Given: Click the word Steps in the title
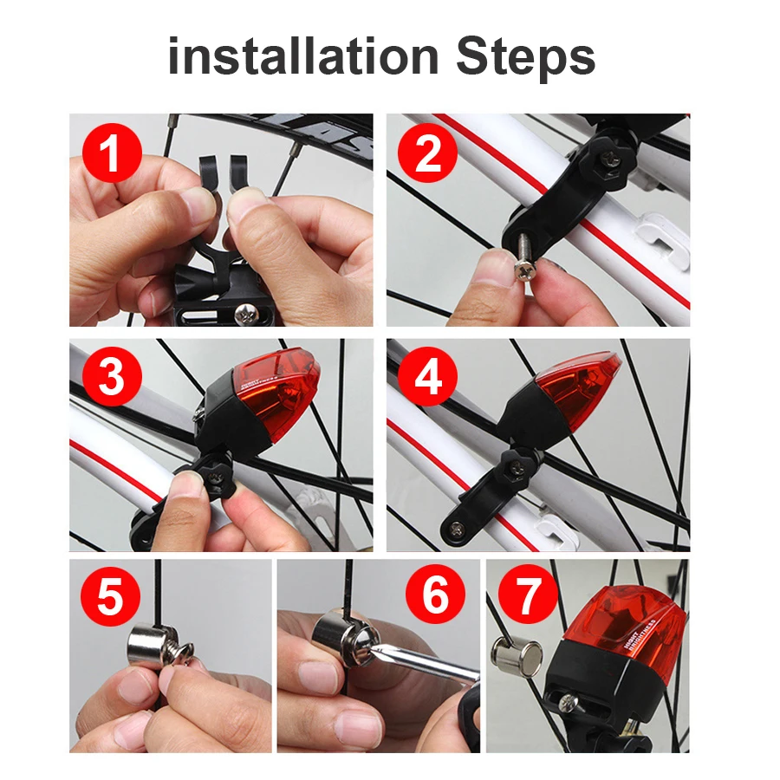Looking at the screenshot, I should (525, 57).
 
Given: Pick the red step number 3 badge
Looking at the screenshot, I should (111, 378).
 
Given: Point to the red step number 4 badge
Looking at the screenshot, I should (427, 378).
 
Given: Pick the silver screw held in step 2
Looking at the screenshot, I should (524, 263).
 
